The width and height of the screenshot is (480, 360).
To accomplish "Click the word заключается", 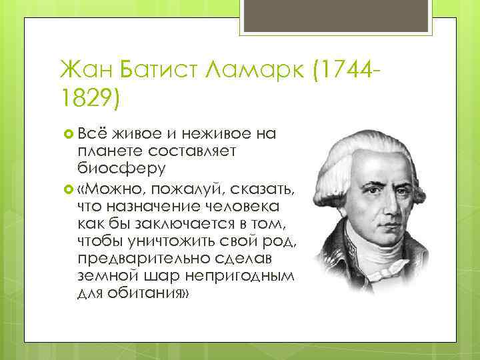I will tap(177, 223).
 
